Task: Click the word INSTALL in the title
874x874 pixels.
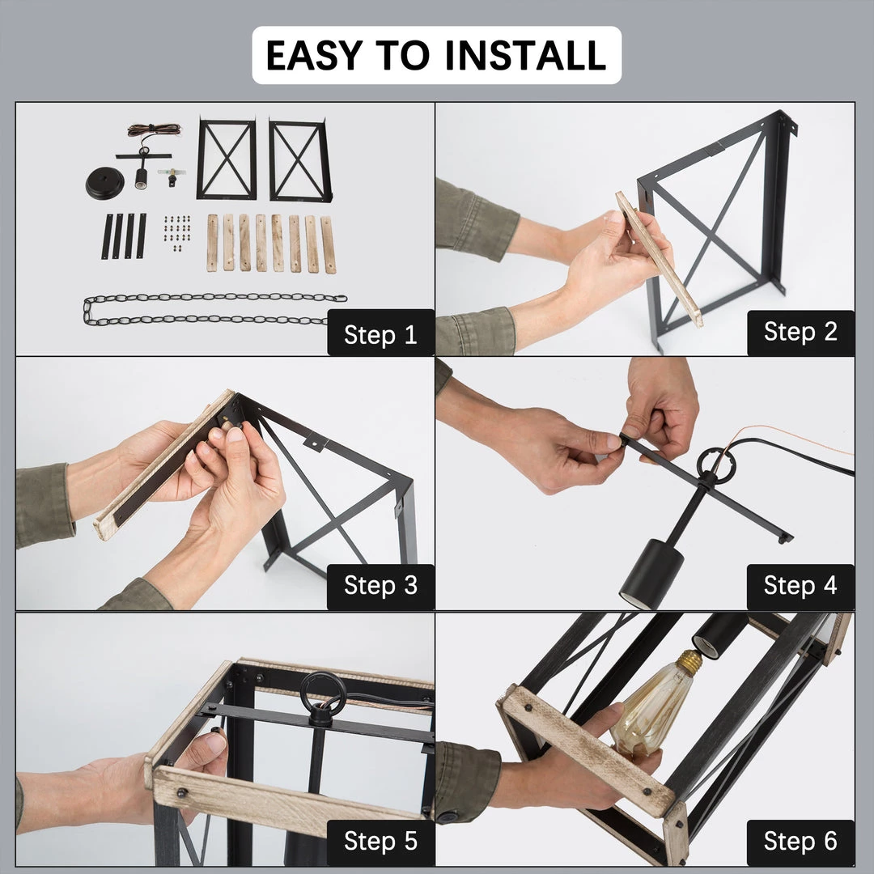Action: click(x=526, y=55)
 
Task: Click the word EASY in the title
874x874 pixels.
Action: click(x=314, y=55)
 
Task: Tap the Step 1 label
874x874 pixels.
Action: click(x=380, y=333)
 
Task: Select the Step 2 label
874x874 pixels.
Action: click(x=800, y=332)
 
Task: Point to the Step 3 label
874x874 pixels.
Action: click(x=380, y=585)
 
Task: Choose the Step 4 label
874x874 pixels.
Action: click(x=800, y=585)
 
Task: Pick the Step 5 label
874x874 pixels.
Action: click(x=380, y=841)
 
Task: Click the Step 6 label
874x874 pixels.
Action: click(x=800, y=841)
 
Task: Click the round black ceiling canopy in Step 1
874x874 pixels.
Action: click(x=104, y=183)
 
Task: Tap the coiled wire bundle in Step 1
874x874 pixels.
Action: click(x=154, y=129)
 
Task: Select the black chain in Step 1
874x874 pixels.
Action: click(x=214, y=309)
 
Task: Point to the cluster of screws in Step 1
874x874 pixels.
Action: click(x=177, y=232)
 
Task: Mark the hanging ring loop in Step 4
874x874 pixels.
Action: click(x=715, y=466)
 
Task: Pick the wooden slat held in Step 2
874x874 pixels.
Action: click(x=658, y=259)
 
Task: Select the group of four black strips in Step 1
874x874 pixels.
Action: click(x=124, y=235)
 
